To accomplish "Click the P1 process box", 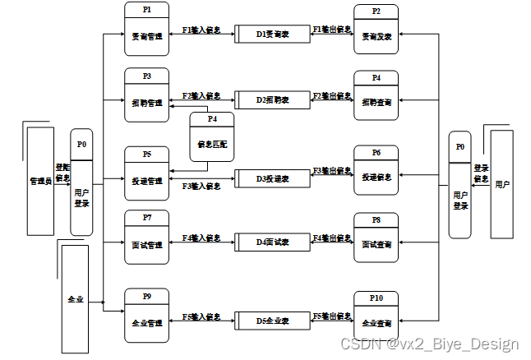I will [146, 29].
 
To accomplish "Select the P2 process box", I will [376, 30].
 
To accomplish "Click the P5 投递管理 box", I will [146, 170].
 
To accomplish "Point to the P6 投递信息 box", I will [376, 170].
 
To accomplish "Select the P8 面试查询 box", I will [376, 238].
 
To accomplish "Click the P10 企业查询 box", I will [376, 316].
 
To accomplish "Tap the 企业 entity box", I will [75, 298].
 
